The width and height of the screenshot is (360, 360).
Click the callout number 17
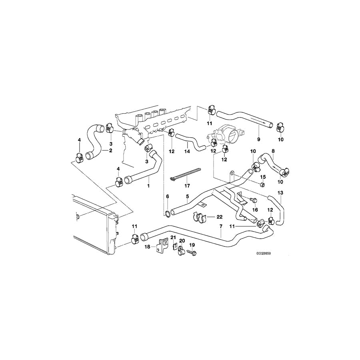coord(187,185)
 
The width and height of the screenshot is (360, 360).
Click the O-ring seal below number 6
coord(167,214)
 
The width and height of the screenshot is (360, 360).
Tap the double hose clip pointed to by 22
coord(198,218)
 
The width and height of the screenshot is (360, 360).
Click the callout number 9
coord(258,139)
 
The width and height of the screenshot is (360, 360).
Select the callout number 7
coord(221,226)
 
